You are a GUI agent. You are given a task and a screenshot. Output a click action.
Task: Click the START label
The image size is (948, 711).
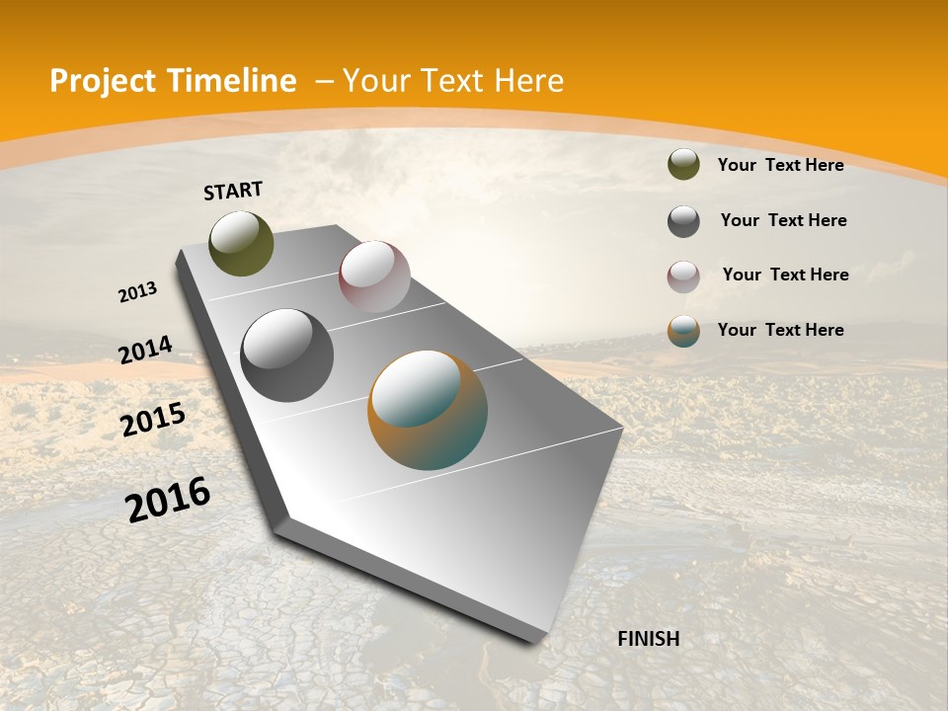click(x=233, y=191)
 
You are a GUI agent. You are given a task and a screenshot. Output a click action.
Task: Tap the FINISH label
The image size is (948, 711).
click(x=648, y=639)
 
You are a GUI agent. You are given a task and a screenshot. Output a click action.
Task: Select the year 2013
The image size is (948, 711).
click(x=138, y=292)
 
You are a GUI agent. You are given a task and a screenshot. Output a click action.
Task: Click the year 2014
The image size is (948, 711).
click(x=146, y=350)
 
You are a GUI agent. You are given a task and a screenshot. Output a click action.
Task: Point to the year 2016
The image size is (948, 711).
click(x=168, y=500)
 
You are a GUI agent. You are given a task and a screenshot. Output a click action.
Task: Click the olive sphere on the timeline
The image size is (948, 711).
click(x=242, y=244)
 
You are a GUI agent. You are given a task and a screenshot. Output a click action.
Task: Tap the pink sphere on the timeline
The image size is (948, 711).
click(x=374, y=276)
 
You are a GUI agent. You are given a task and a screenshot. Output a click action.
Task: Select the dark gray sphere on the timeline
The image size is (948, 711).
click(x=287, y=355)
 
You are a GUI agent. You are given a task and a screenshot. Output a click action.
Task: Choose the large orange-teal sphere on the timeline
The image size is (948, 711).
click(x=428, y=410)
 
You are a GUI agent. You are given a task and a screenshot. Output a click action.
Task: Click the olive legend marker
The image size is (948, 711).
click(x=683, y=165)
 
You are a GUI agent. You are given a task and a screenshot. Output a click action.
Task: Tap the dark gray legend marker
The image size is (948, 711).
click(x=683, y=221)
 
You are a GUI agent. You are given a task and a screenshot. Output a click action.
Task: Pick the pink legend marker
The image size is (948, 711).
click(x=683, y=276)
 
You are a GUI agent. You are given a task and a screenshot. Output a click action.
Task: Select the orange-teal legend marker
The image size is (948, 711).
click(x=683, y=331)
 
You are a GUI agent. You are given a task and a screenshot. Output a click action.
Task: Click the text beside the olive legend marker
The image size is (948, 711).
click(x=780, y=165)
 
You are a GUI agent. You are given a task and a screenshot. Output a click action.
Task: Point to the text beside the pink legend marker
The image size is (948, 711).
click(x=785, y=275)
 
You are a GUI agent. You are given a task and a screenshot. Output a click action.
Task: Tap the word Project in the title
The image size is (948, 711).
click(x=103, y=81)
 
